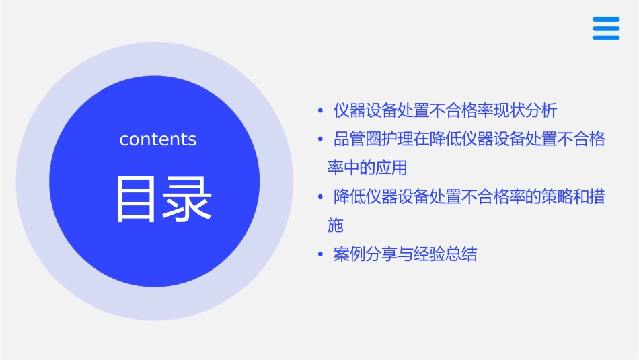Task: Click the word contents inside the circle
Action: pos(158,139)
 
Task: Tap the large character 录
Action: pos(186,199)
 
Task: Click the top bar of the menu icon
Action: pos(606,20)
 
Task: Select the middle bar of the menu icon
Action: pos(606,28)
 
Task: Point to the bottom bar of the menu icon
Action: pos(606,37)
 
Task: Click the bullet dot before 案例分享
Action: pos(320,255)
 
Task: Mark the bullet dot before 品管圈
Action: pos(320,139)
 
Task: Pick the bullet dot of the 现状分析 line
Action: pos(320,110)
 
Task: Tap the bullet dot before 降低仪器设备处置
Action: pos(320,197)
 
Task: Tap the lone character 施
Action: pos(335,225)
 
